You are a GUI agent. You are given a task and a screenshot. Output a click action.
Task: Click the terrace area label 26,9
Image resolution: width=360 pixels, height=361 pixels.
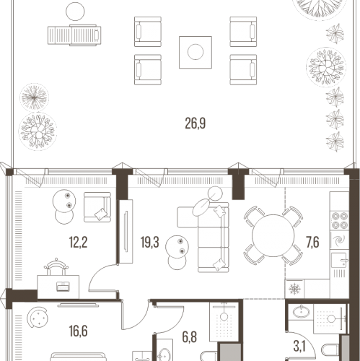tap(196, 123)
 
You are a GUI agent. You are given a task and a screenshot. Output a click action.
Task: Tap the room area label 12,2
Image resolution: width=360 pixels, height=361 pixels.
tap(78, 242)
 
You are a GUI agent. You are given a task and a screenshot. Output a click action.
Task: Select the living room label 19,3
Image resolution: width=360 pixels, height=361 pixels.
tap(150, 242)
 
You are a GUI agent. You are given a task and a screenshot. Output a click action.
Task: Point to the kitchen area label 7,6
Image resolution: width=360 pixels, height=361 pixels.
tap(312, 242)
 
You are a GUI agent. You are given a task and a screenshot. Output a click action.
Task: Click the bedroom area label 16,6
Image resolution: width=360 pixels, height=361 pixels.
tap(78, 331)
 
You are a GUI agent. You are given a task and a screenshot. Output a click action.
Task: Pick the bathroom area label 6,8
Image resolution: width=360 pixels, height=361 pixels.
tap(190, 337)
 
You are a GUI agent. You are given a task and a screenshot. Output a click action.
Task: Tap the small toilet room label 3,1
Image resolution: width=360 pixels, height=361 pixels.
tap(299, 347)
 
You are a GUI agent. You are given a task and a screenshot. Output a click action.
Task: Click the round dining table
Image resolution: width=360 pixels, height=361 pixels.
tap(273, 235)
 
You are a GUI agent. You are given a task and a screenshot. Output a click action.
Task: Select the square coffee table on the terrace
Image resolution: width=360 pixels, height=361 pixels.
tap(196, 52)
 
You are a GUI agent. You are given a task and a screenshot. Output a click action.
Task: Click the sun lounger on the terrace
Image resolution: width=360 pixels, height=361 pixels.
tap(74, 35)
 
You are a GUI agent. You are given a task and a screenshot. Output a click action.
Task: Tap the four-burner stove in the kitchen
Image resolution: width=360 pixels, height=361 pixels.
tap(339, 220)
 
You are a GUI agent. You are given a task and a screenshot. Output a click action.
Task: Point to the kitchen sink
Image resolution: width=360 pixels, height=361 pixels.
tap(339, 260)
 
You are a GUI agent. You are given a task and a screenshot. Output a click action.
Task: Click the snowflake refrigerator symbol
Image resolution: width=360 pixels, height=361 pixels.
tap(294, 289)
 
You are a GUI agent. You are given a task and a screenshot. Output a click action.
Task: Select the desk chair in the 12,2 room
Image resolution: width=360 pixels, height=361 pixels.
tap(56, 266)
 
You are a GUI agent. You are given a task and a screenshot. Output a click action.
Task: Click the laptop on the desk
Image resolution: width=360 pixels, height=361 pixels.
tap(63, 287)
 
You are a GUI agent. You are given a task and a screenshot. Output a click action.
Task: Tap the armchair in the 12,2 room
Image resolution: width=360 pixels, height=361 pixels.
tap(97, 207)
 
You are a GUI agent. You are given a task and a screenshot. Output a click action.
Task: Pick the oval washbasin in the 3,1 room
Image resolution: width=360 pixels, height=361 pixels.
tap(301, 312)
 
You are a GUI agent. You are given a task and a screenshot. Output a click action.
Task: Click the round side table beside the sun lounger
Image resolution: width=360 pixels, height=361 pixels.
tap(75, 12)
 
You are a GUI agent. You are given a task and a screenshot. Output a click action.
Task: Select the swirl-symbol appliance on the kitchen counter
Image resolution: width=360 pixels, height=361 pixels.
tap(339, 240)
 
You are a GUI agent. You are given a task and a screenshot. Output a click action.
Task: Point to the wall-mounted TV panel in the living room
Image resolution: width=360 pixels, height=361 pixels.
tap(126, 231)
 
